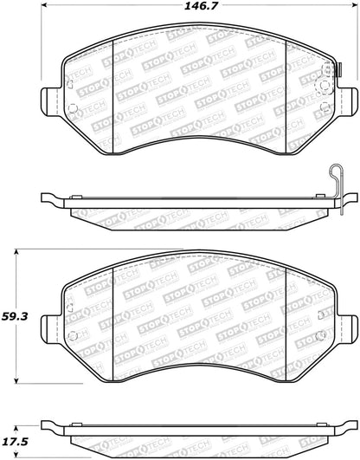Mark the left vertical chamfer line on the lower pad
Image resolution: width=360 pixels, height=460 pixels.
pyautogui.click(x=114, y=314)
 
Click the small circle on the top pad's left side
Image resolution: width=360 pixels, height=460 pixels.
pyautogui.click(x=73, y=110)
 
